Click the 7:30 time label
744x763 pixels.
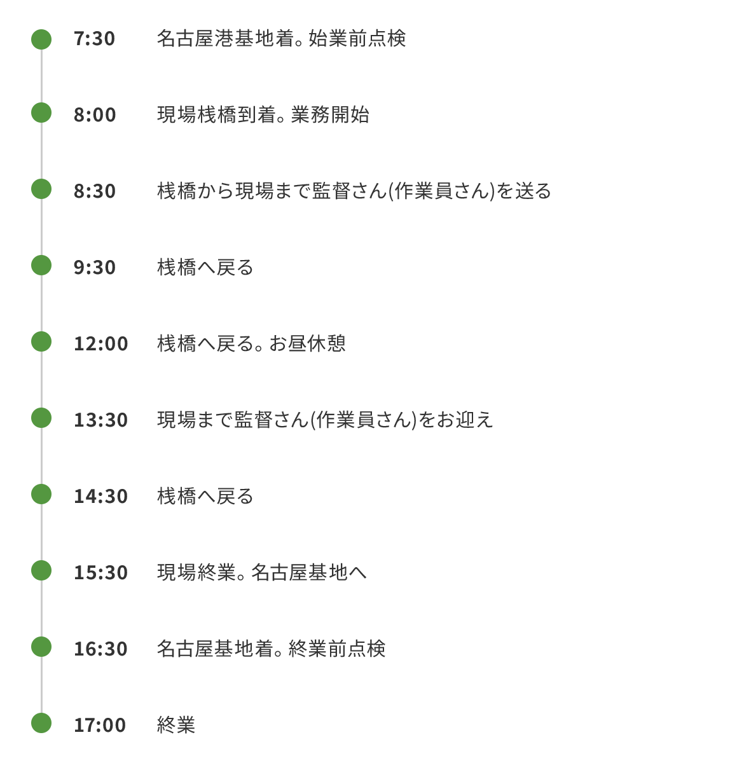pyautogui.click(x=94, y=39)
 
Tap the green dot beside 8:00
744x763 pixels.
pyautogui.click(x=41, y=113)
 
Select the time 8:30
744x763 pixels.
pyautogui.click(x=95, y=191)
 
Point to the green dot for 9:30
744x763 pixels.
pyautogui.click(x=41, y=265)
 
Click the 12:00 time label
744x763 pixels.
pyautogui.click(x=101, y=344)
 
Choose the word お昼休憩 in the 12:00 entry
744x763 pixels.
pyautogui.click(x=307, y=343)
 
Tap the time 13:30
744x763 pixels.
pyautogui.click(x=101, y=420)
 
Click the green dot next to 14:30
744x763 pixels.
pyautogui.click(x=41, y=494)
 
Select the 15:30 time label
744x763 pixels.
pyautogui.click(x=101, y=572)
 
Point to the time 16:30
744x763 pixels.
pyautogui.click(x=101, y=649)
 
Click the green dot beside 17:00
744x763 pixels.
pyautogui.click(x=41, y=723)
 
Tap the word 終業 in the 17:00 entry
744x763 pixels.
pyautogui.click(x=176, y=725)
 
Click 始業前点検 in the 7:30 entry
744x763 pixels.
pyautogui.click(x=357, y=38)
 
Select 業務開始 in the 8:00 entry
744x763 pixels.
pyautogui.click(x=330, y=115)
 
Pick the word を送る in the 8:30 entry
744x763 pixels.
pyautogui.click(x=523, y=191)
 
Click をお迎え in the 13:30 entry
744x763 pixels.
pyautogui.click(x=455, y=420)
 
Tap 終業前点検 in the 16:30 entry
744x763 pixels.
pyautogui.click(x=337, y=649)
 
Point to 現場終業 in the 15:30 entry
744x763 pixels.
pyautogui.click(x=196, y=572)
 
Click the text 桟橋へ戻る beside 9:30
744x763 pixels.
pyautogui.click(x=205, y=268)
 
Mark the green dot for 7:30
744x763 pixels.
pyautogui.click(x=41, y=39)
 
